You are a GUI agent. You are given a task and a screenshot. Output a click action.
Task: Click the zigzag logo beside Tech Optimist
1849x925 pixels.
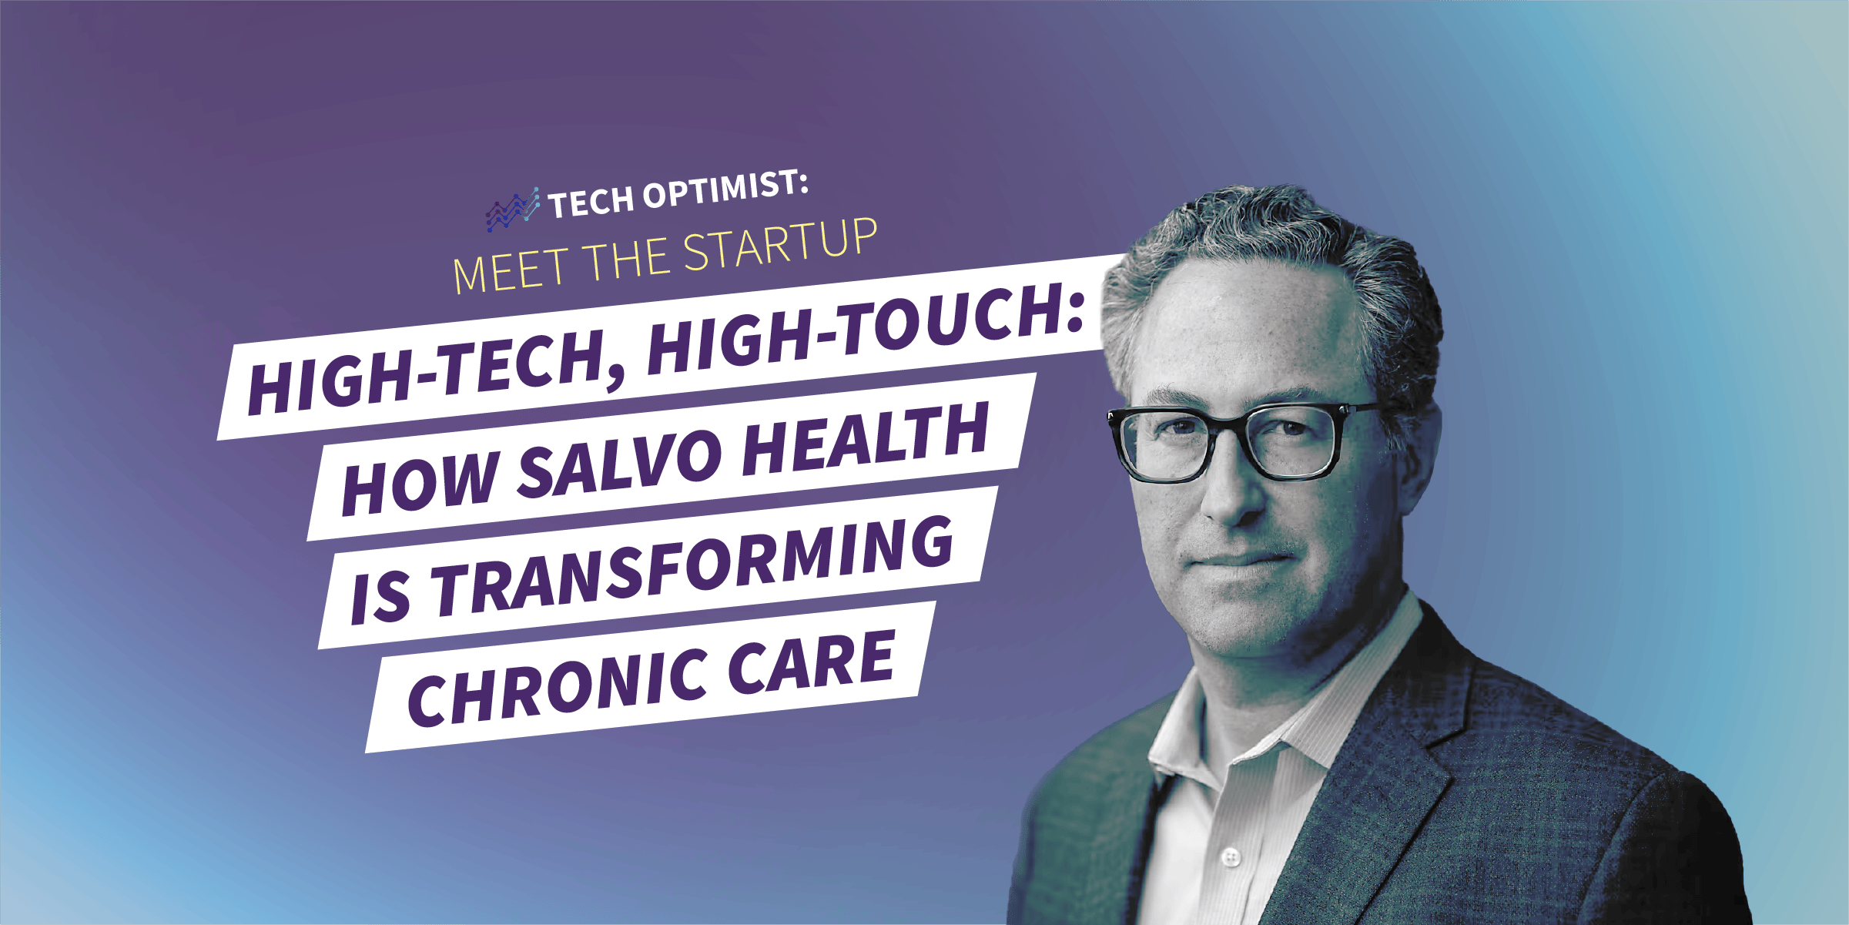point(513,209)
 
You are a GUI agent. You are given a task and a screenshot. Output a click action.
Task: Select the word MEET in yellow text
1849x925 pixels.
point(509,271)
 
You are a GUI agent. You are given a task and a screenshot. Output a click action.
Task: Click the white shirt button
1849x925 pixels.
point(1231,856)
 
